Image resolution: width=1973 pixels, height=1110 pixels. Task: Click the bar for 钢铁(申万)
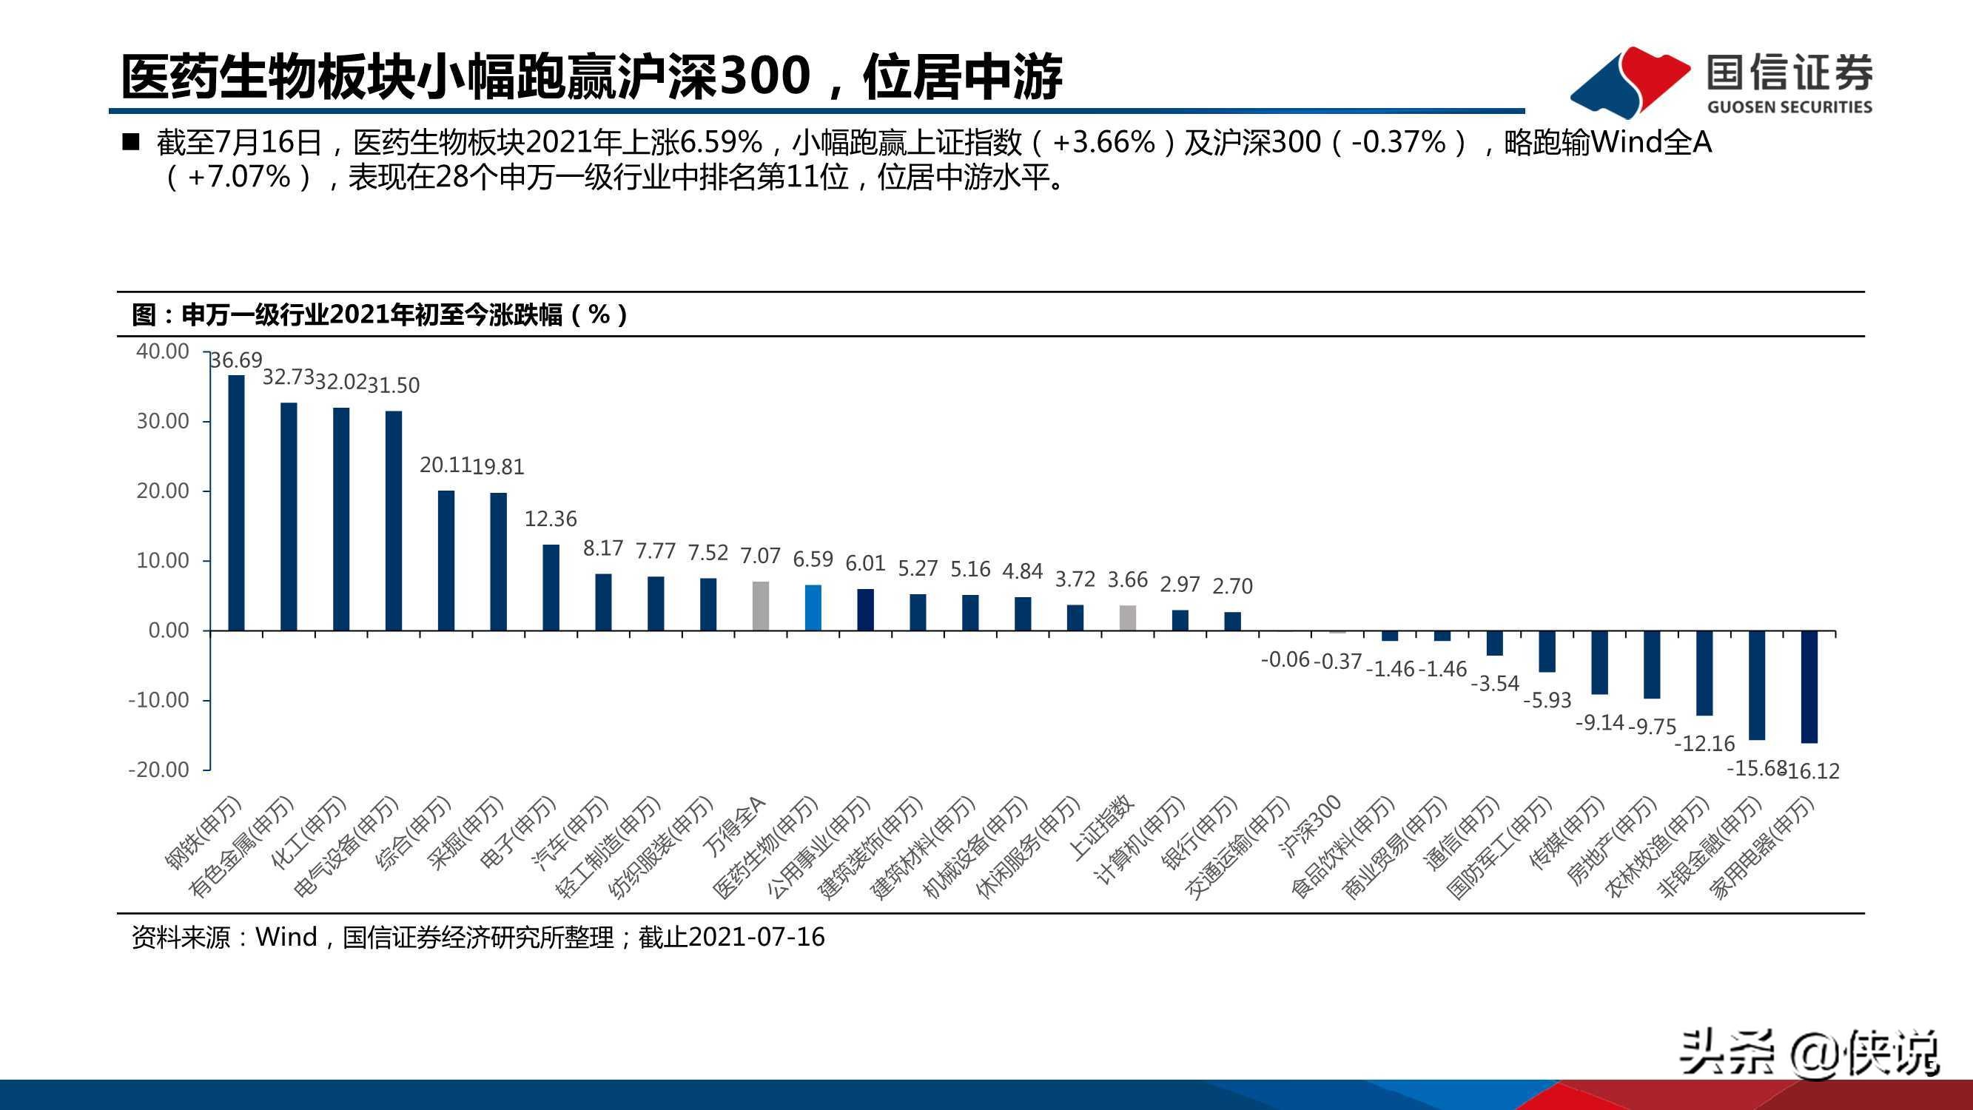pos(237,502)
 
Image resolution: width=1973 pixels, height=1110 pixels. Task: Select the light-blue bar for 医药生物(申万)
pos(813,608)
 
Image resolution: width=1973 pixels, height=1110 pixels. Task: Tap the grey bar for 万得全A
pos(761,606)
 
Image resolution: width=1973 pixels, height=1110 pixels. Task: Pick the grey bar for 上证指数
pos(1128,617)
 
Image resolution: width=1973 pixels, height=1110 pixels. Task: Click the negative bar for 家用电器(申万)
pos(1809,687)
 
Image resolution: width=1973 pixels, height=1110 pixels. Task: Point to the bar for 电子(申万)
pos(551,588)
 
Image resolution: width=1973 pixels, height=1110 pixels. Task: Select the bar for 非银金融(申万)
pos(1757,684)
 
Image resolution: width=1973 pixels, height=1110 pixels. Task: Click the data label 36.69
pos(237,360)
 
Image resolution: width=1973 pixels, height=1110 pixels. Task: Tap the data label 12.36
pos(551,519)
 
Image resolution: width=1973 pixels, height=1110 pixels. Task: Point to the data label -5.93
pos(1547,700)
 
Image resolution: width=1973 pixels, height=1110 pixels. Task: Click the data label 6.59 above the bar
pos(813,560)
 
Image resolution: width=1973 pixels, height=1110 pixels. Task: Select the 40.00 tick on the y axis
pos(162,351)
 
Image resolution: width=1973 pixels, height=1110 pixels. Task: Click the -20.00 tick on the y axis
pos(158,770)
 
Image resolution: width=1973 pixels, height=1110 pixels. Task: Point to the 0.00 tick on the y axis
pos(169,630)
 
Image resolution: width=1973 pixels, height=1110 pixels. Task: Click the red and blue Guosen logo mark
pos(1630,81)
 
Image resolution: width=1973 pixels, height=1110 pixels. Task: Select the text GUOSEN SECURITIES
pos(1789,107)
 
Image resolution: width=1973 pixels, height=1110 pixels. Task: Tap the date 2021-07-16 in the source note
pos(757,937)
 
